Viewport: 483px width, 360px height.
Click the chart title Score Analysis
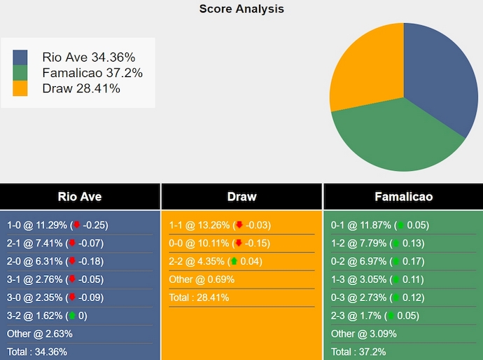click(241, 9)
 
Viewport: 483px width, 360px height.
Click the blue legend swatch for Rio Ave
click(20, 57)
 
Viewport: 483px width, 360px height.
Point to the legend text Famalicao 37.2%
click(92, 73)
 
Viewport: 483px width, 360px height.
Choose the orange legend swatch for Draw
click(20, 88)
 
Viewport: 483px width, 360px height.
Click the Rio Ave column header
click(80, 197)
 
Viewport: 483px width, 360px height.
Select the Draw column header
click(241, 197)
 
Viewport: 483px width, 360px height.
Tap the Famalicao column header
click(403, 197)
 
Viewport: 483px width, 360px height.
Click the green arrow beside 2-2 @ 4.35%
click(233, 261)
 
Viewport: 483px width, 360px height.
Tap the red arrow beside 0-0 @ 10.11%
click(238, 243)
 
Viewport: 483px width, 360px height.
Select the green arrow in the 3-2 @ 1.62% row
click(71, 316)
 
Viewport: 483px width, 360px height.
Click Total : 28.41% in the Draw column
click(199, 298)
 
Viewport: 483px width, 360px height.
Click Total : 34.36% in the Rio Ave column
click(37, 352)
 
